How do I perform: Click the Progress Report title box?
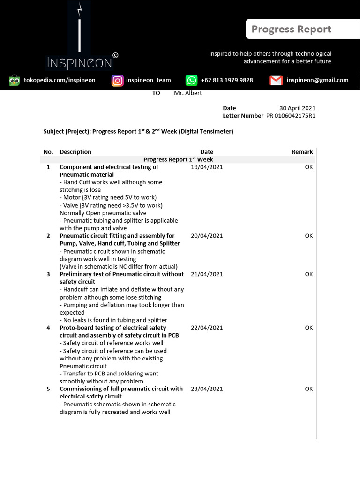coord(291,30)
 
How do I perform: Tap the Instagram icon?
coord(117,80)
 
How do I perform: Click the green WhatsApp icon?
coord(192,80)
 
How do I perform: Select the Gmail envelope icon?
coord(276,80)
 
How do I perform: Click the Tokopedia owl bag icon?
coord(15,80)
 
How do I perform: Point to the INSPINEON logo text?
coord(79,63)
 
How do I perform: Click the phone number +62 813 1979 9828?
coord(226,80)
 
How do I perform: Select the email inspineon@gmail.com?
coord(317,80)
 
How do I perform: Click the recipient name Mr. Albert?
coord(187,93)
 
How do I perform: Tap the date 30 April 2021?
coord(297,108)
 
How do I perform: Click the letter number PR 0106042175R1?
coord(291,116)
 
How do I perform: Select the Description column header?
coord(75,152)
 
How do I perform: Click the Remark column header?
coord(302,152)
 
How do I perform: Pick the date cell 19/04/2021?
coord(207,167)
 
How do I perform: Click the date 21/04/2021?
coord(207,274)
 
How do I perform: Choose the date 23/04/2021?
coord(207,389)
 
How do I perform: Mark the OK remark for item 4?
coord(308,328)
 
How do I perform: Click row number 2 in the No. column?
coord(48,236)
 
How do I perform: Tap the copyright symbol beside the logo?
coord(115,55)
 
